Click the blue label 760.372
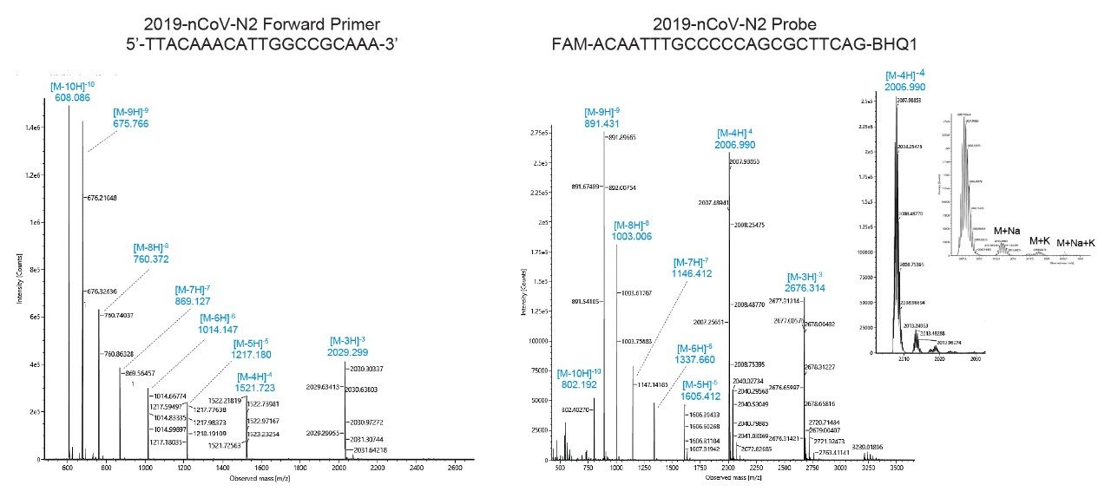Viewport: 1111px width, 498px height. [x=151, y=259]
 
